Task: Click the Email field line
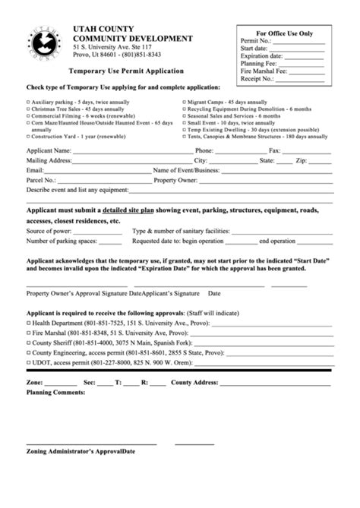click(91, 172)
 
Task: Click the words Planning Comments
click(55, 393)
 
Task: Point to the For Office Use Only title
click(285, 34)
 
